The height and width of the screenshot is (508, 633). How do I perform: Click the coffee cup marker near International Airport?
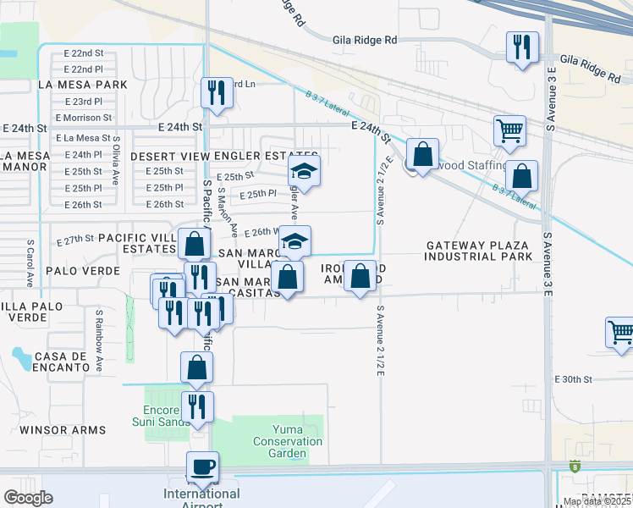point(203,467)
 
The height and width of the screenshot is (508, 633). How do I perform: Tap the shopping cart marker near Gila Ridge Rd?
point(509,131)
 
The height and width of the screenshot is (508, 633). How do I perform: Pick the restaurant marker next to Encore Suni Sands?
point(197,406)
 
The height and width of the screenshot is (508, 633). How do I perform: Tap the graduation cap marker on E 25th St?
point(305,172)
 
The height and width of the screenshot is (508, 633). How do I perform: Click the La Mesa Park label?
point(82,85)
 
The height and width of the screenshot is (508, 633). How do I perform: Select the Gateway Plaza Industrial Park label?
point(479,251)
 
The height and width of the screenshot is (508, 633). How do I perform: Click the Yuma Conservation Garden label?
point(287,441)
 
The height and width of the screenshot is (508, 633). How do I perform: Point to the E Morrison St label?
point(83,118)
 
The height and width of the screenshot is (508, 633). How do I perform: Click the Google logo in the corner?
point(29,498)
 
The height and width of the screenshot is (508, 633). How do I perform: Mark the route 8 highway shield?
point(575,466)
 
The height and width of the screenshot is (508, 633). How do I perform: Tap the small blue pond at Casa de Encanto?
point(19,352)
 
